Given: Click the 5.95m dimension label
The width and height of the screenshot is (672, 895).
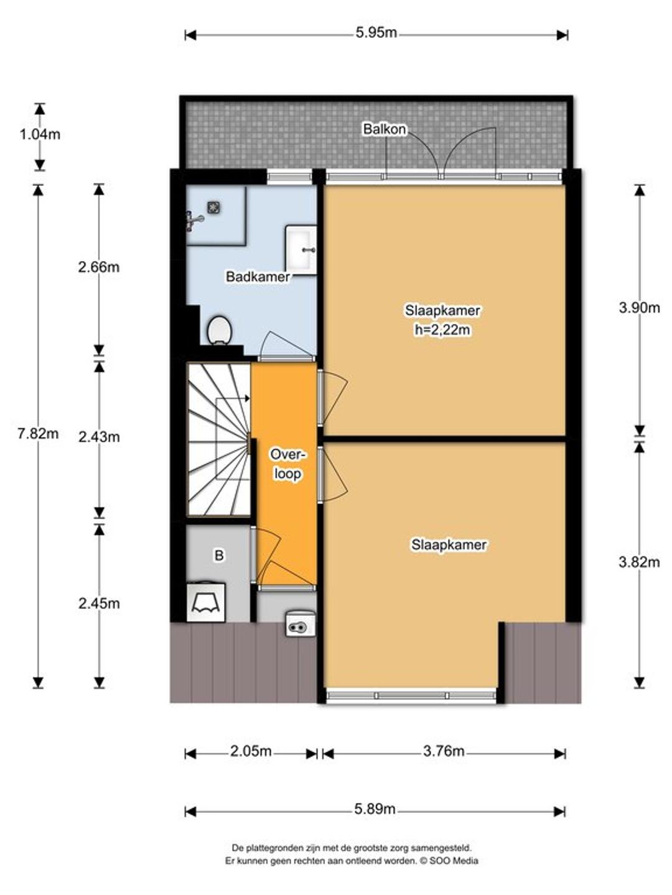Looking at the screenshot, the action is pos(376,32).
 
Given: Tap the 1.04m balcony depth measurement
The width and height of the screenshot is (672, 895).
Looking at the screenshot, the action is pos(40,134).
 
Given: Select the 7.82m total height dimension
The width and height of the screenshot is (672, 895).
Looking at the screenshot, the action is pos(38,433).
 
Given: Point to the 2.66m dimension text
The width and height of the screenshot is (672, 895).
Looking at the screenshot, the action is pos(99,267).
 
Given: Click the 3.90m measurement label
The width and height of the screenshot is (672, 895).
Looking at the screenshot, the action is pos(639,308).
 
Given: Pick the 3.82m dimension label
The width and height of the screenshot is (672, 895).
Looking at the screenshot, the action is pos(639,562).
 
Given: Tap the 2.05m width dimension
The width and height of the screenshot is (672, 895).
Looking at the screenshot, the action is pos(251,751).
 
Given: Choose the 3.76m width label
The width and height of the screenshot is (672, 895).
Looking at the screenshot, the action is pos(444,751).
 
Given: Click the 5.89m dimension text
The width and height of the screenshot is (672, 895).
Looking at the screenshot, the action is pos(375,809).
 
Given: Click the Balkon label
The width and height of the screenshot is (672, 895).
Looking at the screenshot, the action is pos(385,129).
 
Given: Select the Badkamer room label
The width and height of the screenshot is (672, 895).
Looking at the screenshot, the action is pos(258,277).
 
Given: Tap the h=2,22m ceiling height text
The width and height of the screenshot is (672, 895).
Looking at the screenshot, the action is pos(442,330).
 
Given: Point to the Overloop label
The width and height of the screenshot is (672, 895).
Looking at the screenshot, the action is pos(287,464).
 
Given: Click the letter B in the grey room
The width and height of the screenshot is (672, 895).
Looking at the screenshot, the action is pos(219,556).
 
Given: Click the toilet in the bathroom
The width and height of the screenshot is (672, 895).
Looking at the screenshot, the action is pos(220,330).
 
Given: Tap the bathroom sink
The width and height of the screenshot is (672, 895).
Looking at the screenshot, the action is pos(301,249).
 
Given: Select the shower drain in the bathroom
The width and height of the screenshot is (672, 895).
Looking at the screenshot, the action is pos(213,208).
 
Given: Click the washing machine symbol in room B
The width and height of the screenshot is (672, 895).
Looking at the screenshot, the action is pos(205,603).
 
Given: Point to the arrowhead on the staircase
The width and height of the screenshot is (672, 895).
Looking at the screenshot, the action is pos(247,398).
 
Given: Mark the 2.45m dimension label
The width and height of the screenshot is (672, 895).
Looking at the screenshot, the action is pos(99,603).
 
